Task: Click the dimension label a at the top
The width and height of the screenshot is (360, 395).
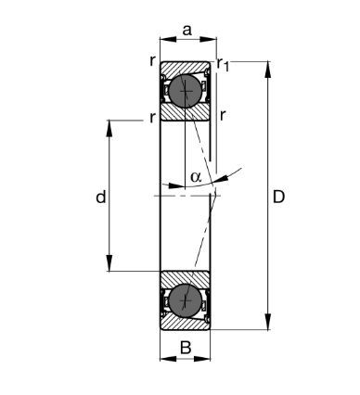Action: [x=187, y=31]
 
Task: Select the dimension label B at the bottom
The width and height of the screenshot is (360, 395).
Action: [x=186, y=348]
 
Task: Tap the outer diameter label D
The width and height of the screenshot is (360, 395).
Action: [x=278, y=197]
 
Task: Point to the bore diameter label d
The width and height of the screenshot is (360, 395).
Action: [x=101, y=197]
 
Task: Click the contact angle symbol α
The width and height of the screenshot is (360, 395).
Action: [x=196, y=176]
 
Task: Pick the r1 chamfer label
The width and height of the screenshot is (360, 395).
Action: [x=223, y=64]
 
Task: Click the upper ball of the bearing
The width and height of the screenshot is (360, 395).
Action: [x=186, y=91]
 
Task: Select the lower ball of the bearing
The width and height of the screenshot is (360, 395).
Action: [x=186, y=300]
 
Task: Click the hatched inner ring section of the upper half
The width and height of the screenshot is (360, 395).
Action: [x=185, y=112]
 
